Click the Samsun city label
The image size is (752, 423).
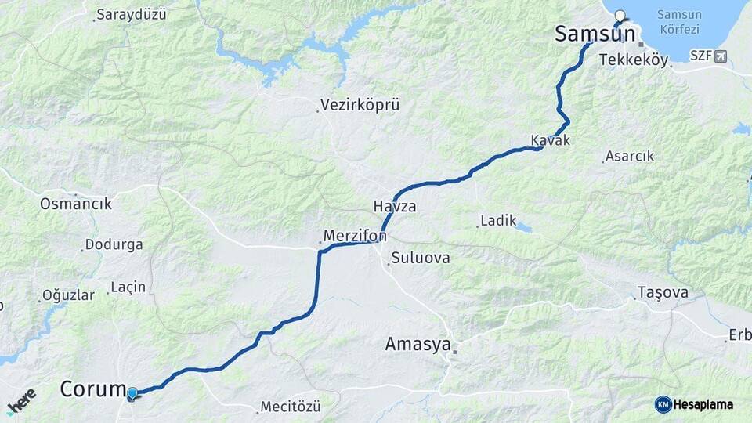coord(595,34)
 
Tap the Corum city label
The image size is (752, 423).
coord(93,389)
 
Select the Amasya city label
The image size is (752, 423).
coord(418,344)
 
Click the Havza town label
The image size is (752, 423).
coord(394,207)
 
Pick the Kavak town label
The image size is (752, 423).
coord(550,141)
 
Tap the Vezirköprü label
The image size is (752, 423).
coord(355,105)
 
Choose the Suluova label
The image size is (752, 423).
coord(420,257)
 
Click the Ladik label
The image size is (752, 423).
coord(498,221)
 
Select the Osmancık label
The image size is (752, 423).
coord(76,204)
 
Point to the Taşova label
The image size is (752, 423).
coord(663,292)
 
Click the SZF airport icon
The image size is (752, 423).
coord(720,56)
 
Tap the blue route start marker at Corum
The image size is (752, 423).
coord(132,393)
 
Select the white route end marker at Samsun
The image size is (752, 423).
coord(620,15)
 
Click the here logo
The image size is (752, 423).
coord(21,400)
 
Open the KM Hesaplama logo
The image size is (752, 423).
coord(694,404)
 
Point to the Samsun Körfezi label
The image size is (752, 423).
coord(678,22)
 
